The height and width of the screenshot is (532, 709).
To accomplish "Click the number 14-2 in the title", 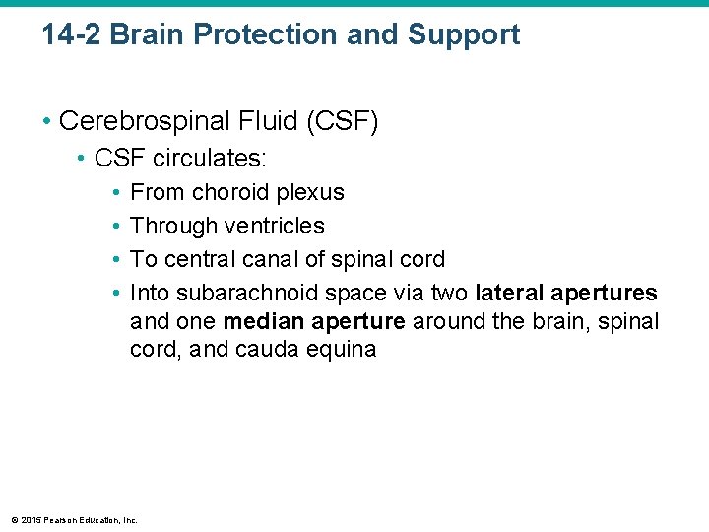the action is (72, 35).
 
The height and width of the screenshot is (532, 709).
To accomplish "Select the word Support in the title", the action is (464, 35).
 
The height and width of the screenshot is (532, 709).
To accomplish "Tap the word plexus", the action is (310, 192).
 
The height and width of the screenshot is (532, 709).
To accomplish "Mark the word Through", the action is (173, 226).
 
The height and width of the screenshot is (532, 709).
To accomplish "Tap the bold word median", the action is (261, 322).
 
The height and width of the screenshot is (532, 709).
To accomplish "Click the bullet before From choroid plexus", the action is (115, 192).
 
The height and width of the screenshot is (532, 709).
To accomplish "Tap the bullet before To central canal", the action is (115, 260).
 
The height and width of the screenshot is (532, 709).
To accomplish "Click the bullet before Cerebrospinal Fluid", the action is (46, 122).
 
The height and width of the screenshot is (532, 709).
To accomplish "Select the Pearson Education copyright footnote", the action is (74, 519).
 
